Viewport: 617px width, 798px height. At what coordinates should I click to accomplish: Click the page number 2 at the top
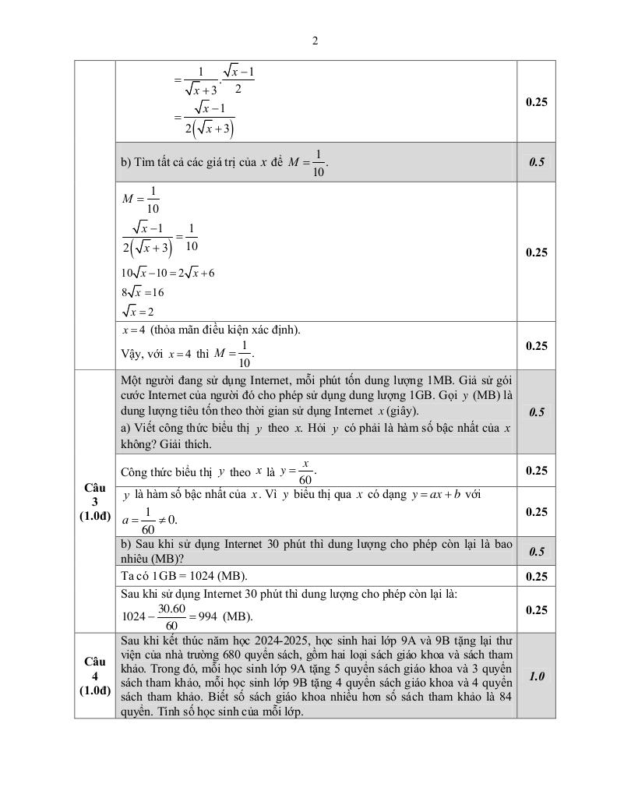click(315, 41)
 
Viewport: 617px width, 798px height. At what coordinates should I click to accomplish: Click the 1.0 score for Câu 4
click(536, 676)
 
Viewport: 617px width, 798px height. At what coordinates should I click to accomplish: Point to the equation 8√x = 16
click(143, 292)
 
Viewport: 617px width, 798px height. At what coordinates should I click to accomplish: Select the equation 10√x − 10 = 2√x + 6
click(167, 273)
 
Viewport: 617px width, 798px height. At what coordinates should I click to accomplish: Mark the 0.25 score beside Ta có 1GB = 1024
click(536, 577)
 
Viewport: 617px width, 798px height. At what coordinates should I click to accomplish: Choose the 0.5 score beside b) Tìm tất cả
click(536, 162)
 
